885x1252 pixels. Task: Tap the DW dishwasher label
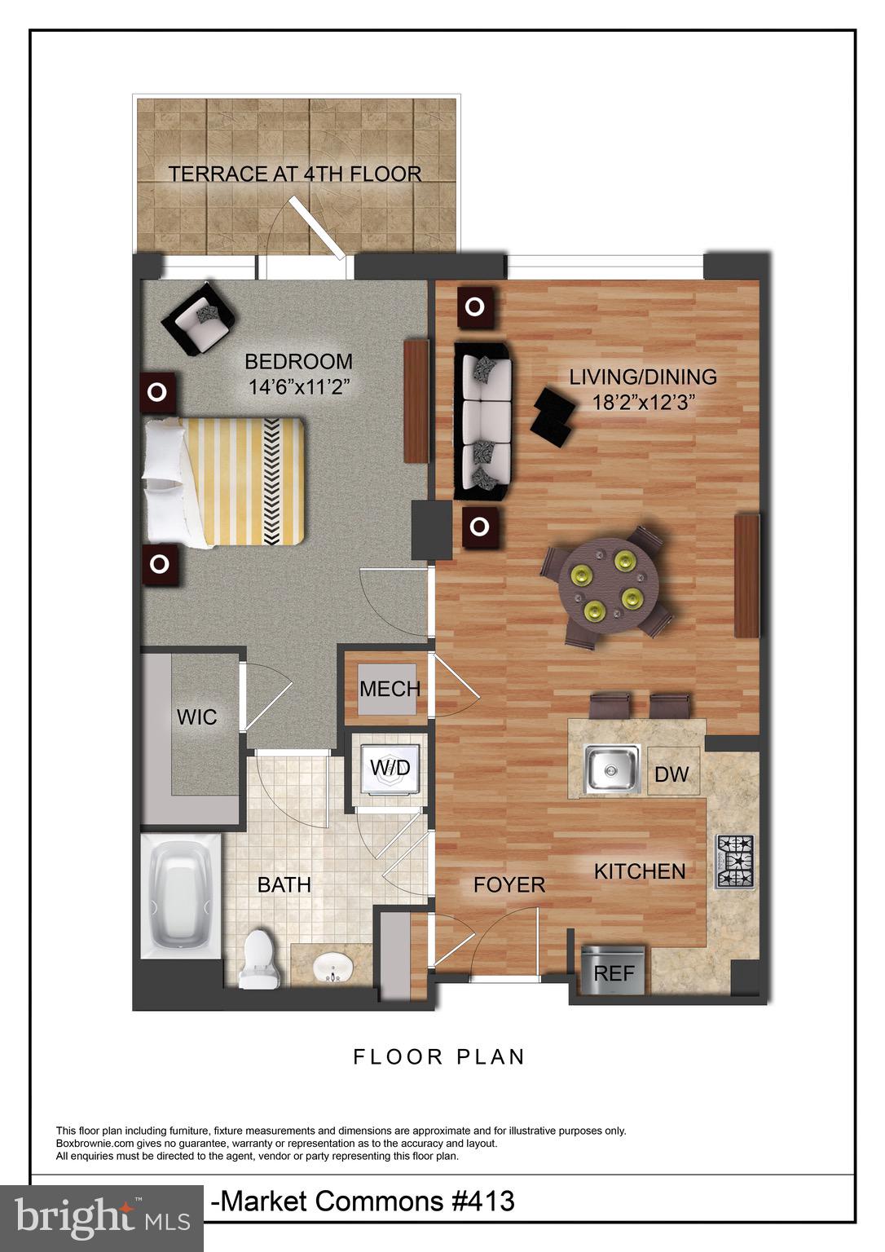click(671, 774)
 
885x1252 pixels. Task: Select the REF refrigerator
click(614, 971)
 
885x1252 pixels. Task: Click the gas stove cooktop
click(735, 862)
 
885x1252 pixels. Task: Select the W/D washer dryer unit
click(390, 768)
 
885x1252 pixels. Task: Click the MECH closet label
click(390, 689)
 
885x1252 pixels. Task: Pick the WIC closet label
click(197, 716)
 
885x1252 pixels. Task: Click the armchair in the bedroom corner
click(200, 318)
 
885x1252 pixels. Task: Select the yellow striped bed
click(224, 481)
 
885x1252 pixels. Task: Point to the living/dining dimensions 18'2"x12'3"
click(643, 403)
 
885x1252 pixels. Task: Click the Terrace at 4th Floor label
click(295, 174)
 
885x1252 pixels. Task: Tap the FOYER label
click(509, 884)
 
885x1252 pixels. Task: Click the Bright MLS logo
click(102, 1218)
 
